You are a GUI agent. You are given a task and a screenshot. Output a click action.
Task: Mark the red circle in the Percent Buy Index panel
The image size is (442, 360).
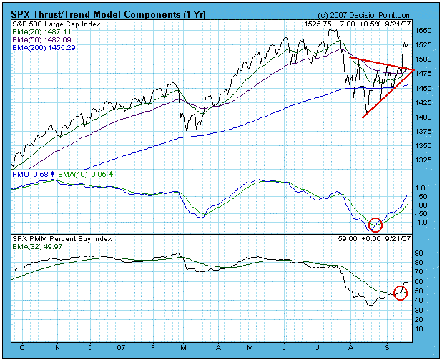pos(401,292)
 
